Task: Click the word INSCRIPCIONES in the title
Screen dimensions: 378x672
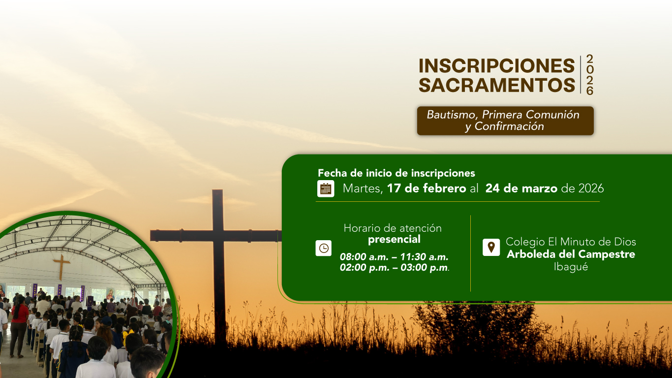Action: tap(496, 65)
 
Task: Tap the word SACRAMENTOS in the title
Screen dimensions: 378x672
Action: tap(496, 85)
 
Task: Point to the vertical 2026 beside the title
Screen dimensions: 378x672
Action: tap(589, 75)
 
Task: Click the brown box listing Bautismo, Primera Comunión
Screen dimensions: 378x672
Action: tap(505, 121)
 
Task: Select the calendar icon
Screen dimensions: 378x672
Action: tap(326, 189)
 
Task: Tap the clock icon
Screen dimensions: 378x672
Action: tap(324, 248)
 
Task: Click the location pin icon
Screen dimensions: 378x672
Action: tap(491, 247)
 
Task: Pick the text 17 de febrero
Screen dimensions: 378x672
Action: tap(427, 189)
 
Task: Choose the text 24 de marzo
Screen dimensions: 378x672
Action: tap(521, 189)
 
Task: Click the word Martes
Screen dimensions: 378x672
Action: tap(363, 189)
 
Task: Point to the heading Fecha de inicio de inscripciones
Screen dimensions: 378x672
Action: tap(396, 173)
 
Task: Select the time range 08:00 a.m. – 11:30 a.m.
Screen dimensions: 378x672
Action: tap(394, 257)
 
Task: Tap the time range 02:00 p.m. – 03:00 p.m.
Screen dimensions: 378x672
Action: tap(394, 268)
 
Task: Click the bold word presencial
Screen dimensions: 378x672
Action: tap(394, 240)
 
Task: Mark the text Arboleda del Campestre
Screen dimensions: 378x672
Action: tap(571, 254)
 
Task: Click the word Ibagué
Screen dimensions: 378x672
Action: tap(571, 267)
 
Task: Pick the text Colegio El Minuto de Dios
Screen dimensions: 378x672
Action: tap(571, 242)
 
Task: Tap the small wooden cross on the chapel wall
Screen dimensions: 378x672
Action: tap(61, 266)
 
